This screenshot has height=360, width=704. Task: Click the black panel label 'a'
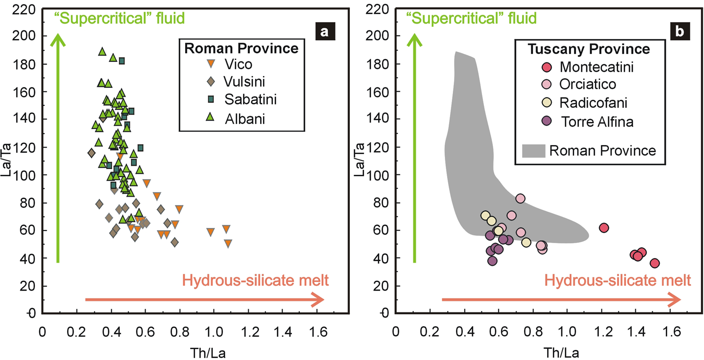[x=324, y=32]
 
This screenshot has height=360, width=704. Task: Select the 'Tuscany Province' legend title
[x=589, y=49]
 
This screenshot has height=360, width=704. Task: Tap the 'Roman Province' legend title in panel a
[x=241, y=48]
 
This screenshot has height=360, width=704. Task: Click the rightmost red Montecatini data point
[x=654, y=263]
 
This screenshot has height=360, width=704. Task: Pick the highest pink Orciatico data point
[x=520, y=198]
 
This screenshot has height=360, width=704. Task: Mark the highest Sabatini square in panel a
[x=122, y=60]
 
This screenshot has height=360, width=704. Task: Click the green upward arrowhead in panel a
[x=58, y=40]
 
